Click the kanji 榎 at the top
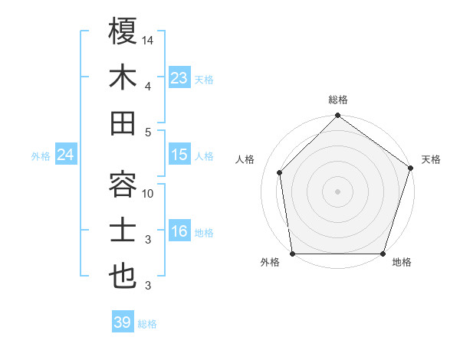pyautogui.click(x=123, y=31)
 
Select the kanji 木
pyautogui.click(x=123, y=78)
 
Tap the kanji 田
pyautogui.click(x=123, y=124)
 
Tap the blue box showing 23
pyautogui.click(x=179, y=78)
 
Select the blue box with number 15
pyautogui.click(x=179, y=155)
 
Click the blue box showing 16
pyautogui.click(x=179, y=232)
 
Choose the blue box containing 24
pyautogui.click(x=65, y=155)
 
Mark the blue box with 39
pyautogui.click(x=123, y=322)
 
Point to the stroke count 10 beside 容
pyautogui.click(x=149, y=194)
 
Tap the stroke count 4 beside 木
pyautogui.click(x=148, y=86)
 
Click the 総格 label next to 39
pyautogui.click(x=147, y=324)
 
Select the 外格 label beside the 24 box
pyautogui.click(x=41, y=156)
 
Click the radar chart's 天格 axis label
pyautogui.click(x=431, y=159)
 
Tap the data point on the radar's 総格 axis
pyautogui.click(x=337, y=116)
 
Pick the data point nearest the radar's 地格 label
pyautogui.click(x=383, y=253)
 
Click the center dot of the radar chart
pyautogui.click(x=337, y=191)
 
